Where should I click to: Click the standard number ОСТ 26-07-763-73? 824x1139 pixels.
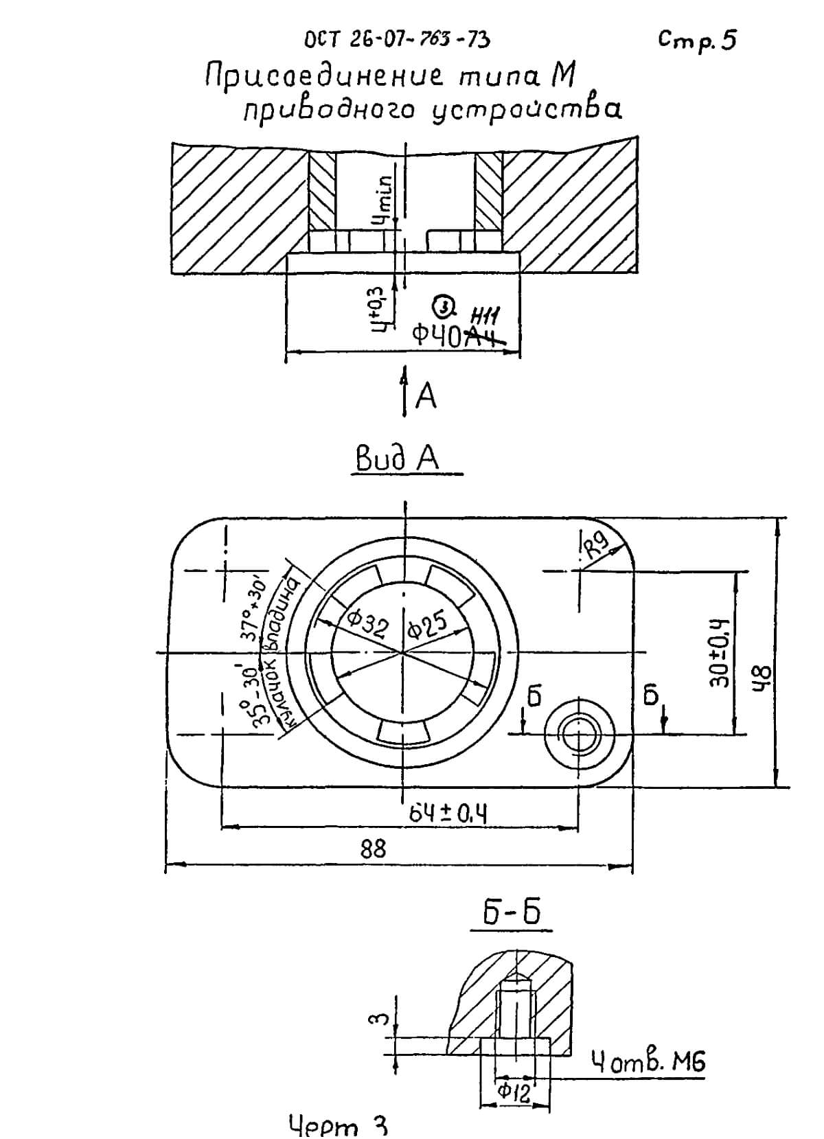397,39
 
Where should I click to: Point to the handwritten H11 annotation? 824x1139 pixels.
485,317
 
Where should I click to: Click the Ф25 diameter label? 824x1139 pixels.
427,623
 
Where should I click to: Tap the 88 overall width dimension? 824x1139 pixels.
374,849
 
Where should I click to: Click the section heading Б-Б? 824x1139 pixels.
512,912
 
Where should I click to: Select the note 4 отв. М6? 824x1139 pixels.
648,1063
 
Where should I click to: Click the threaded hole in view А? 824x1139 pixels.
579,734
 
